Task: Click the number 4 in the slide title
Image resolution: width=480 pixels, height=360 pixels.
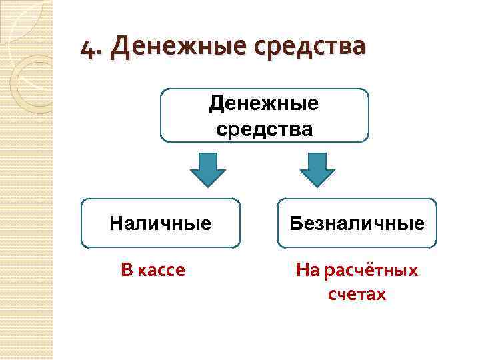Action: [85, 48]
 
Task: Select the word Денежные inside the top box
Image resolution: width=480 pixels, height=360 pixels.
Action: [264, 103]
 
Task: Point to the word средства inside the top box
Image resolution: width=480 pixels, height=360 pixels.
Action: [264, 127]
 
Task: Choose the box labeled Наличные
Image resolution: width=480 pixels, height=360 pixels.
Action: [160, 223]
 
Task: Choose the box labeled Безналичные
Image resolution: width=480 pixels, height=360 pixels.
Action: [357, 223]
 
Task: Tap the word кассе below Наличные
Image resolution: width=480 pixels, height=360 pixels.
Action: [162, 270]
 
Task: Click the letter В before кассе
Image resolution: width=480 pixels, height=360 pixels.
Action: [127, 270]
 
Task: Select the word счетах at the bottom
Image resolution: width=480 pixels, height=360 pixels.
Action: [357, 294]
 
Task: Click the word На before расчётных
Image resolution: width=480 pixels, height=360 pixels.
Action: [309, 271]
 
